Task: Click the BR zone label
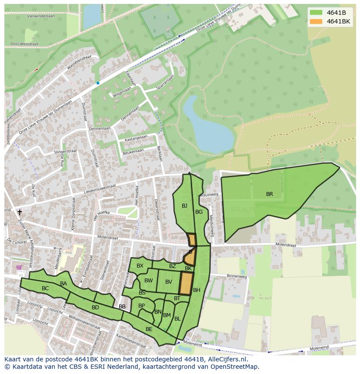[x=270, y=194]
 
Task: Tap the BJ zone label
[x=184, y=206]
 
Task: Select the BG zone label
[x=199, y=212]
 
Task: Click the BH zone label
[x=197, y=290]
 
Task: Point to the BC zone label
[x=45, y=288]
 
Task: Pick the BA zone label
[x=63, y=284]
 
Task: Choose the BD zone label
[x=95, y=308]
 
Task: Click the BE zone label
[x=149, y=329]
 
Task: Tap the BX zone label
[x=140, y=266]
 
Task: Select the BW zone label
[x=149, y=281]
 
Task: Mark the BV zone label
[x=169, y=282]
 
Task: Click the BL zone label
[x=177, y=319]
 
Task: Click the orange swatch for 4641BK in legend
[x=316, y=21]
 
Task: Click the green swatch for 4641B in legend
[x=316, y=12]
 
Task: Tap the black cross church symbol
[x=19, y=212]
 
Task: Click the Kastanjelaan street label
[x=136, y=138]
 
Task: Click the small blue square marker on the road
[x=98, y=83]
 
